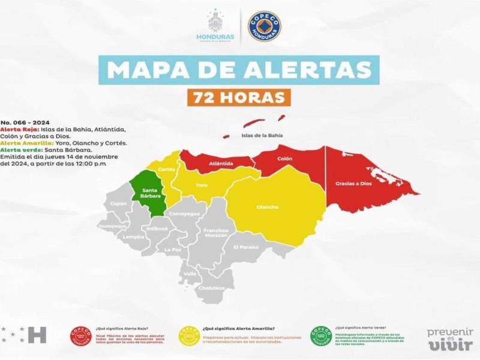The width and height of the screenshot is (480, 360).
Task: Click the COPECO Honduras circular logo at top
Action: coord(265,26)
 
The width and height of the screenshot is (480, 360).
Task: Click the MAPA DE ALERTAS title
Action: coord(239,69)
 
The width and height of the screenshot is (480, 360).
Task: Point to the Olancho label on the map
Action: coord(268,207)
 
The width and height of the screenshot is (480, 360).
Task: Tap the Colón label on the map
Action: coord(284,159)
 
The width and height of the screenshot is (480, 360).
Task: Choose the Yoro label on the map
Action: coord(202,185)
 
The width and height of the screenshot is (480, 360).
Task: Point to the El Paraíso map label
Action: coord(246,247)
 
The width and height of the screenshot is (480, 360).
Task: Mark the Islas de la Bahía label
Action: coord(262,136)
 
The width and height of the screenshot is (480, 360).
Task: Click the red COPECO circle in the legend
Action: coord(80,337)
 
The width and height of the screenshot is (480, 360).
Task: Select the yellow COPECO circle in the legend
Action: coord(189,337)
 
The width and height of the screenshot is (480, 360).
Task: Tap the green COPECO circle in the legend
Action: coord(321,337)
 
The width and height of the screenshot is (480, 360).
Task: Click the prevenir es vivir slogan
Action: coord(450,339)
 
